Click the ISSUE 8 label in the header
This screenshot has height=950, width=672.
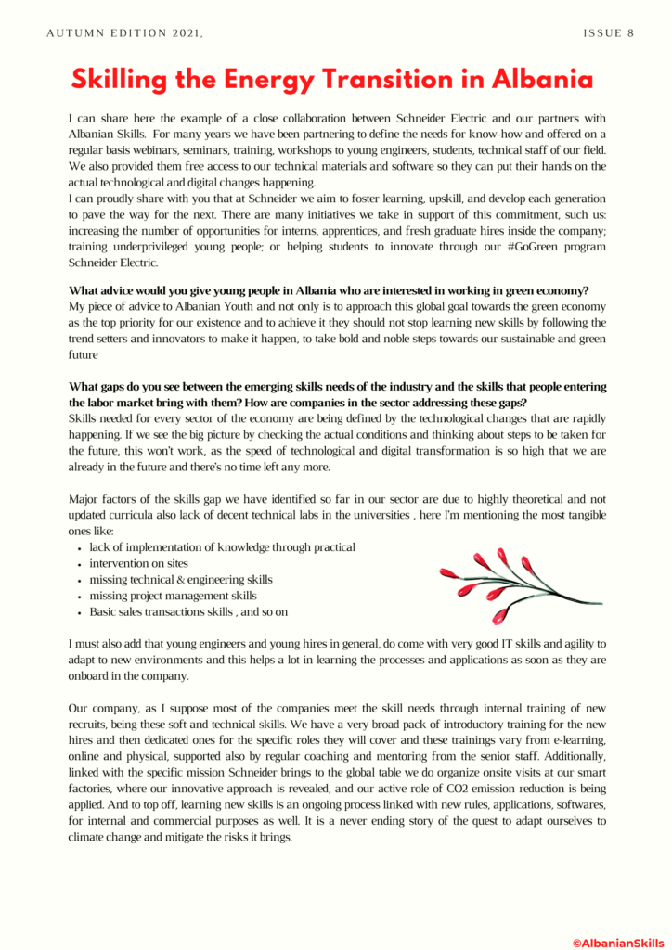tap(609, 32)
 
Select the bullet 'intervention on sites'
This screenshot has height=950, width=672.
tap(139, 563)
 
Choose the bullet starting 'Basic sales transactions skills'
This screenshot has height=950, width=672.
tap(188, 611)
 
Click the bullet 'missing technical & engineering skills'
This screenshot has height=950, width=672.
tap(181, 579)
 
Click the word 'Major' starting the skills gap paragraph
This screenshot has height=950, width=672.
tap(86, 499)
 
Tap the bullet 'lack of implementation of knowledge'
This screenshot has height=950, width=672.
tap(222, 547)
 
